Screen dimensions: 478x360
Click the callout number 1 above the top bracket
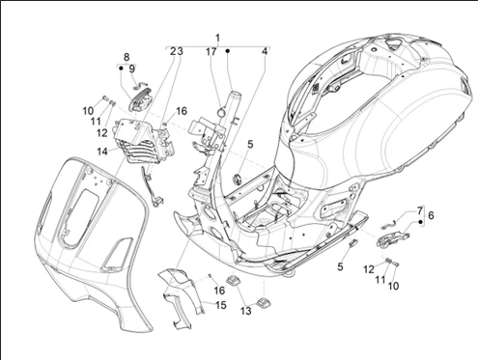click(218, 38)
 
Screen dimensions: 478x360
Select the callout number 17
click(211, 51)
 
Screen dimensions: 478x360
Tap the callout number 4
click(265, 51)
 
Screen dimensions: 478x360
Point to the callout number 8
click(127, 57)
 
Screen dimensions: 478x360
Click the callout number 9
click(132, 69)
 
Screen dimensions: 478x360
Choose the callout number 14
click(102, 152)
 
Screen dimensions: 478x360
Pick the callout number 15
click(221, 305)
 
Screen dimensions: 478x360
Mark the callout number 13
click(245, 311)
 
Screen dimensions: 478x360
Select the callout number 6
click(431, 215)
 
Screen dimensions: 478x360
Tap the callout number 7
click(420, 211)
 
